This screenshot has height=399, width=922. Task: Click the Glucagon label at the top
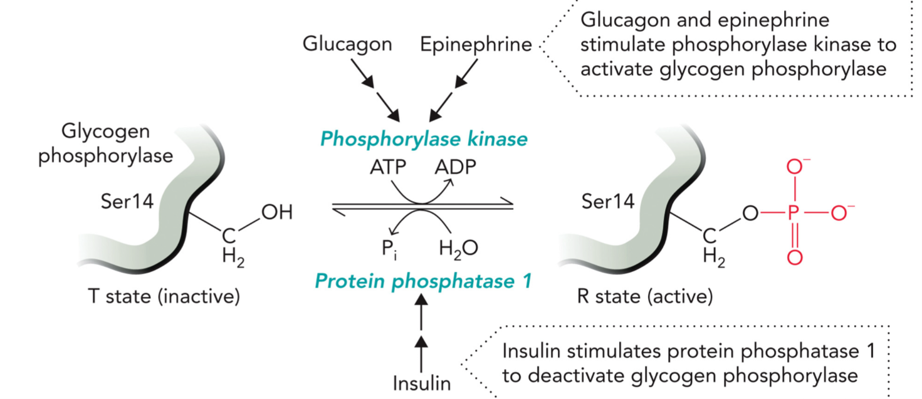(347, 44)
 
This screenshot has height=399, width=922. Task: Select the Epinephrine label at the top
(476, 44)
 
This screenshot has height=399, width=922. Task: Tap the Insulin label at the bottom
(421, 383)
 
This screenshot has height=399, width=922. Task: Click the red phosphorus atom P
(794, 214)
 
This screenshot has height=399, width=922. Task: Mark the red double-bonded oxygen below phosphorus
(794, 257)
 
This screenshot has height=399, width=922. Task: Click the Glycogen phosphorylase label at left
(105, 144)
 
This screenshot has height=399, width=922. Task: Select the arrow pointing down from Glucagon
(380, 94)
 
